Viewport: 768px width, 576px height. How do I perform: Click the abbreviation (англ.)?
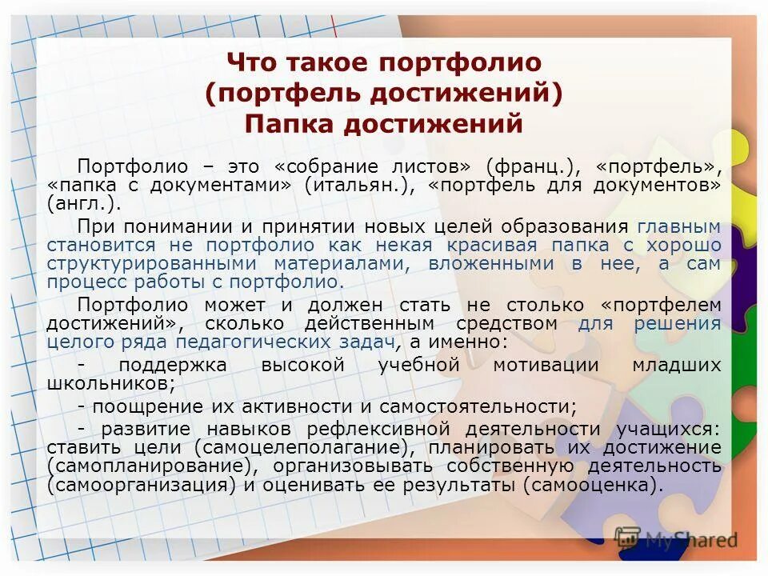(x=82, y=203)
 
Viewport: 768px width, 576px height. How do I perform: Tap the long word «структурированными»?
(x=150, y=263)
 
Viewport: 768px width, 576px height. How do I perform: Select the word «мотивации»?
(x=546, y=365)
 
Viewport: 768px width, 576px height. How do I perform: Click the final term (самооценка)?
(x=593, y=485)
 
